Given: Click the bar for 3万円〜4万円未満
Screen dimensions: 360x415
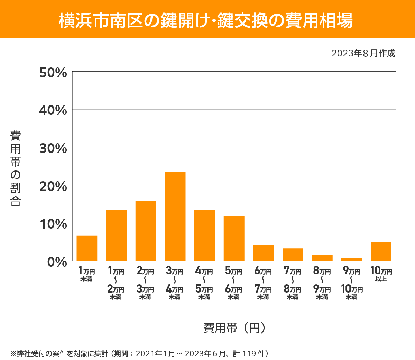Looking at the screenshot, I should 175,216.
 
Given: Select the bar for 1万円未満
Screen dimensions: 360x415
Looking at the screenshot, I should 87,248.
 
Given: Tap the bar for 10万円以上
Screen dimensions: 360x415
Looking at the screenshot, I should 381,251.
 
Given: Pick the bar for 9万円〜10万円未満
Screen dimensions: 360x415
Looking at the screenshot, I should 351,259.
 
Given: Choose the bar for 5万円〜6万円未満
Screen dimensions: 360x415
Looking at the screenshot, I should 234,239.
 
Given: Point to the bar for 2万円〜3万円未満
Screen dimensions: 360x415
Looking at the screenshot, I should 146,231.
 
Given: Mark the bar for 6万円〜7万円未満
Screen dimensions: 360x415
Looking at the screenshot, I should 263,253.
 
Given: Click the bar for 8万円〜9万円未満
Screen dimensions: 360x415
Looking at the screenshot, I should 322,258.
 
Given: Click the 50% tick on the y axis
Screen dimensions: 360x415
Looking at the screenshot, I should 53,73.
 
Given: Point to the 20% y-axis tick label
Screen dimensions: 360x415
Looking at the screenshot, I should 53,186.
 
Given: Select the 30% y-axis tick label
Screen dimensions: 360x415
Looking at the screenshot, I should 53,148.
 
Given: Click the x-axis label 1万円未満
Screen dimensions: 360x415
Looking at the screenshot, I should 86,274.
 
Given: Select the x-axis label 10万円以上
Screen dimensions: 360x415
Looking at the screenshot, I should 381,274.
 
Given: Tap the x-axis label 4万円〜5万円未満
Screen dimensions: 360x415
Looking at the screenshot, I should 204,283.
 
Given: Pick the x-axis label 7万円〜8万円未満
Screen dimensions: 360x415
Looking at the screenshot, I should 293,283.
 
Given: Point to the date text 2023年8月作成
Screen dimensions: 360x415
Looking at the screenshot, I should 363,54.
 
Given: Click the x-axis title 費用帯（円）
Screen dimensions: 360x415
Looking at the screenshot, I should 235,327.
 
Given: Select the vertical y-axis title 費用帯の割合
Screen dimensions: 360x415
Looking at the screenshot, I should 16,168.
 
